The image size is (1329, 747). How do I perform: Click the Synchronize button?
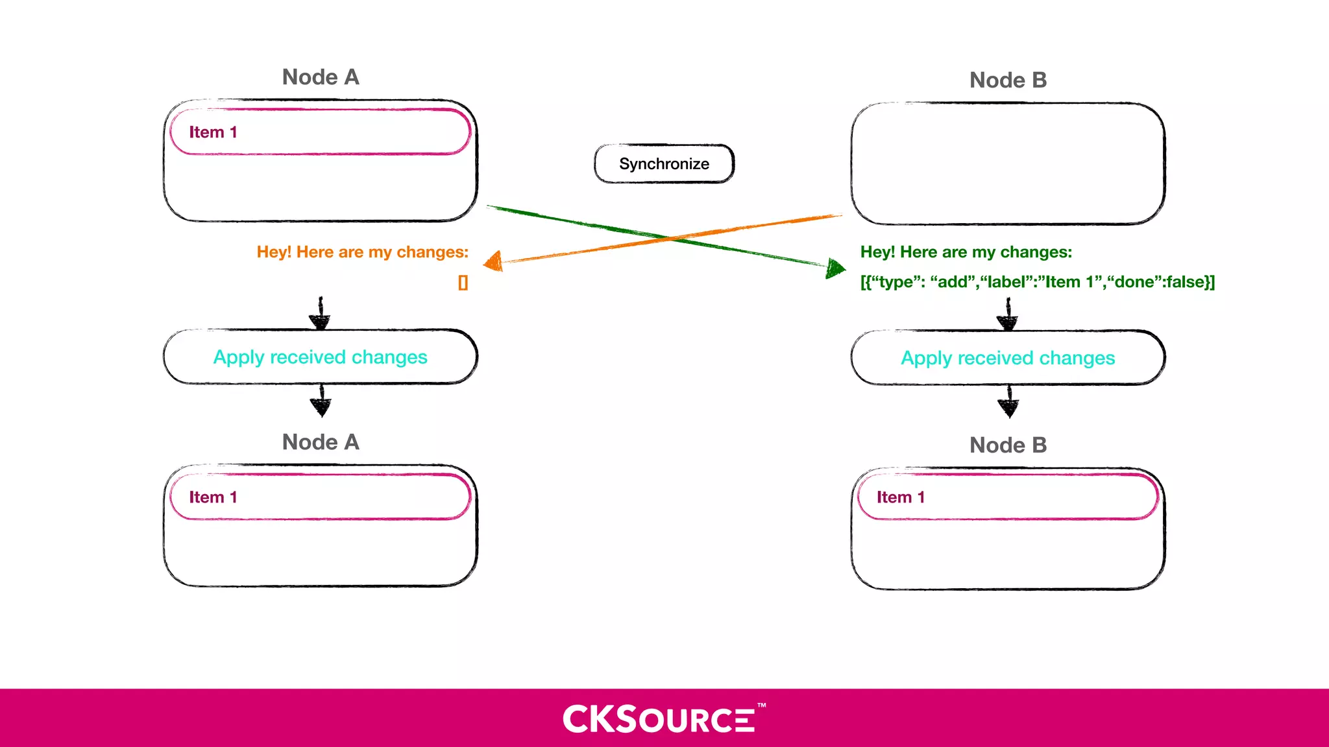664,163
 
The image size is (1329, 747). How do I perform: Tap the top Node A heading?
321,77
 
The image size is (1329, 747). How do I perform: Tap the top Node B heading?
1008,80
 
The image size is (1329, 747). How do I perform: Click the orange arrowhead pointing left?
494,261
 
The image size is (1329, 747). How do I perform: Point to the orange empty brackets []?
463,283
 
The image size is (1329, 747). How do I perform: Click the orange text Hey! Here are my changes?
362,252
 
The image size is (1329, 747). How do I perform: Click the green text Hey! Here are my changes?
966,252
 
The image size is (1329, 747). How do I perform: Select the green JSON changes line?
1037,282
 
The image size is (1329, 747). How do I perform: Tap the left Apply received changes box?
320,357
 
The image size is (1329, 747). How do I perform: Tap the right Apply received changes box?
1008,358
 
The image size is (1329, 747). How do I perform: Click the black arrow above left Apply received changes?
320,314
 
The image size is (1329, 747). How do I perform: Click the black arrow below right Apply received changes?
1008,402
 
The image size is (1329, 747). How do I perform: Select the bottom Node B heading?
1008,445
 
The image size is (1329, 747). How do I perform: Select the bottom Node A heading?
321,442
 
